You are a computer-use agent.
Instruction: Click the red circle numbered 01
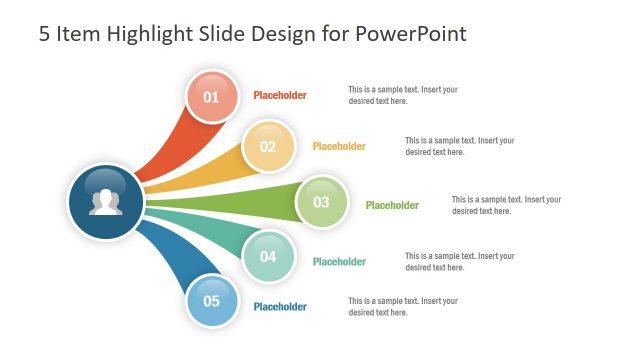tap(211, 97)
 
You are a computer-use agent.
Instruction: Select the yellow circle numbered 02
tap(268, 146)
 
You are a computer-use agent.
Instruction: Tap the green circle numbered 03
tap(321, 202)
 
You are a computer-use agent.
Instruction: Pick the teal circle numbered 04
tap(268, 256)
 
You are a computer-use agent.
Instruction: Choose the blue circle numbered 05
tap(211, 300)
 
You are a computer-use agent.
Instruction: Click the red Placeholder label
tap(280, 96)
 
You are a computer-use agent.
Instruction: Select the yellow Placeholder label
tap(339, 146)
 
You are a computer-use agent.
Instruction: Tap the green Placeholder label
tap(392, 206)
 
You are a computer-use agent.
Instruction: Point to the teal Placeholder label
tap(339, 262)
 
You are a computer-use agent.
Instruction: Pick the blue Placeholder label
tap(280, 307)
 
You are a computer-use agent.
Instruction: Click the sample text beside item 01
tap(402, 95)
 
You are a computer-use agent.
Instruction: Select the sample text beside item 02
tap(459, 146)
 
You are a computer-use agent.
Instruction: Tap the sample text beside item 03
tap(506, 205)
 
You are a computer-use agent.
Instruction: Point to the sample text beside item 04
tap(459, 262)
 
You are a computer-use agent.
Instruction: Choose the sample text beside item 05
tap(402, 307)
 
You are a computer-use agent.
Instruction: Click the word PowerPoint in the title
tap(413, 34)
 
